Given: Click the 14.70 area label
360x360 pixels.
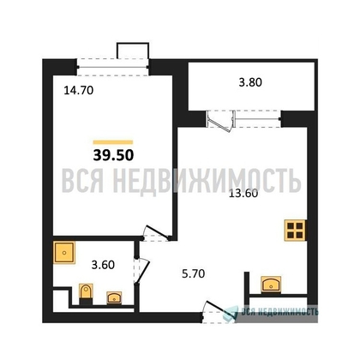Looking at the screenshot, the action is coord(79,91).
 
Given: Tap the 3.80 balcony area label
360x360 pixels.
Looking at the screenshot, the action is coord(250,82).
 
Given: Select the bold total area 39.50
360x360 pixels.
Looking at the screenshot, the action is coord(113,155).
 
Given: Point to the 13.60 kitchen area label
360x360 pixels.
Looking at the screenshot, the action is coord(243,194).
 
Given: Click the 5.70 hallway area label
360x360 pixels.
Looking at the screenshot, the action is coord(194,273).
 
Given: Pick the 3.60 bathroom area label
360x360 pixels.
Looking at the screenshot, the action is coord(103,265).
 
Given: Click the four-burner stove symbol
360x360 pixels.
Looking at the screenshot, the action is coord(295,231).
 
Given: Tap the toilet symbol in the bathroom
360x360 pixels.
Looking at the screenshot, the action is coord(86,294).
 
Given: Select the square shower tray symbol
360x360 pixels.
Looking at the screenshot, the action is coord(64,253).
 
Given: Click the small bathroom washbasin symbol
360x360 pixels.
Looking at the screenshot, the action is coord(114,297).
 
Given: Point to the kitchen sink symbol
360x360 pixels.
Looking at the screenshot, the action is coord(271,285).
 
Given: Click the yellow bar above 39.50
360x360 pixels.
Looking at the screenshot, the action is coord(113,142).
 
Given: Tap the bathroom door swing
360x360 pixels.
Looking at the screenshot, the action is coord(142,271).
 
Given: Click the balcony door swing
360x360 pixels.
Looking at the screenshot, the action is coord(220,121).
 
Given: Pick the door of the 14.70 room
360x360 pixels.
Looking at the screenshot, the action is coord(156,233).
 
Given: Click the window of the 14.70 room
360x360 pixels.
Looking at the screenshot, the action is coord(113,67).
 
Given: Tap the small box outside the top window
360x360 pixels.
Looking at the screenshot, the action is coord(133,51).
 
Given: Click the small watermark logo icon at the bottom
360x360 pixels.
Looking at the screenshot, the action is coord(231,312).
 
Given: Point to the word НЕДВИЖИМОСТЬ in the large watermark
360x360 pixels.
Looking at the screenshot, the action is coord(207,181).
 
